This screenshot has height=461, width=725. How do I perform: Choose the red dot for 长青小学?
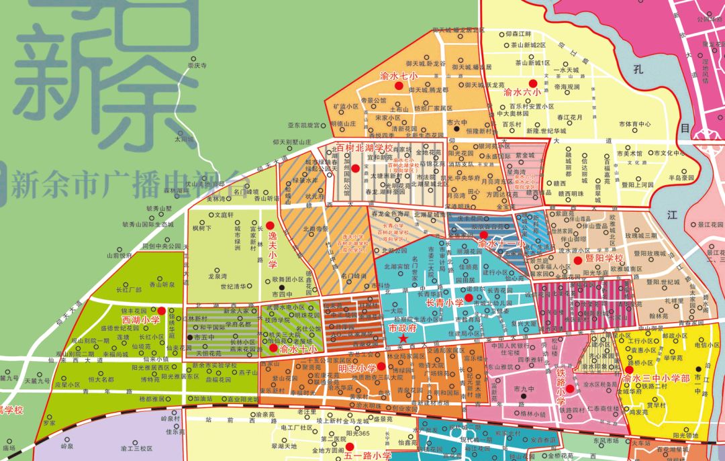(469, 296)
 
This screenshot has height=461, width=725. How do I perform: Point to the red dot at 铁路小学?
(570, 388)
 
